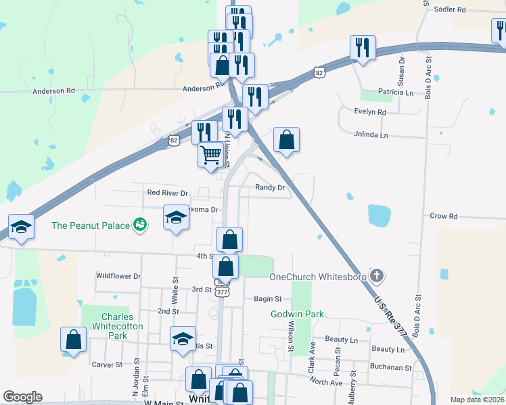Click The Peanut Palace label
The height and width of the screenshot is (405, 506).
click(x=90, y=225)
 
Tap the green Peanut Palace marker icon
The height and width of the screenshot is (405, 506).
click(x=140, y=224)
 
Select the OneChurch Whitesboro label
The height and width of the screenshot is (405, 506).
click(x=318, y=277)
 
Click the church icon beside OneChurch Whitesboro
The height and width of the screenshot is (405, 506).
click(x=377, y=276)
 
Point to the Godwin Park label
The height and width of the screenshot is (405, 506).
click(x=297, y=314)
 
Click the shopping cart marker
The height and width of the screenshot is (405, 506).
click(x=210, y=155)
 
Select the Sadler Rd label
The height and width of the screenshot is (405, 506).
click(x=451, y=9)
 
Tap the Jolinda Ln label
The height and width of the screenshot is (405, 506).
click(x=372, y=135)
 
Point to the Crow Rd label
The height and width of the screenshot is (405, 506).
click(x=444, y=216)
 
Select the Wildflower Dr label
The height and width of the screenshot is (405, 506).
click(x=118, y=276)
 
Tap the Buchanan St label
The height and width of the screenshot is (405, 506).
click(x=390, y=368)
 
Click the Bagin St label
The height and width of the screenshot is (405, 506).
click(x=267, y=298)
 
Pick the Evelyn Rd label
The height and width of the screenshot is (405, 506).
click(x=370, y=112)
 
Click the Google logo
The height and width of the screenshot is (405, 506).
click(x=22, y=397)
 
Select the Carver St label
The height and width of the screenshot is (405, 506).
click(x=107, y=364)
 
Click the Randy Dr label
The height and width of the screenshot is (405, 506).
click(x=270, y=187)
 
